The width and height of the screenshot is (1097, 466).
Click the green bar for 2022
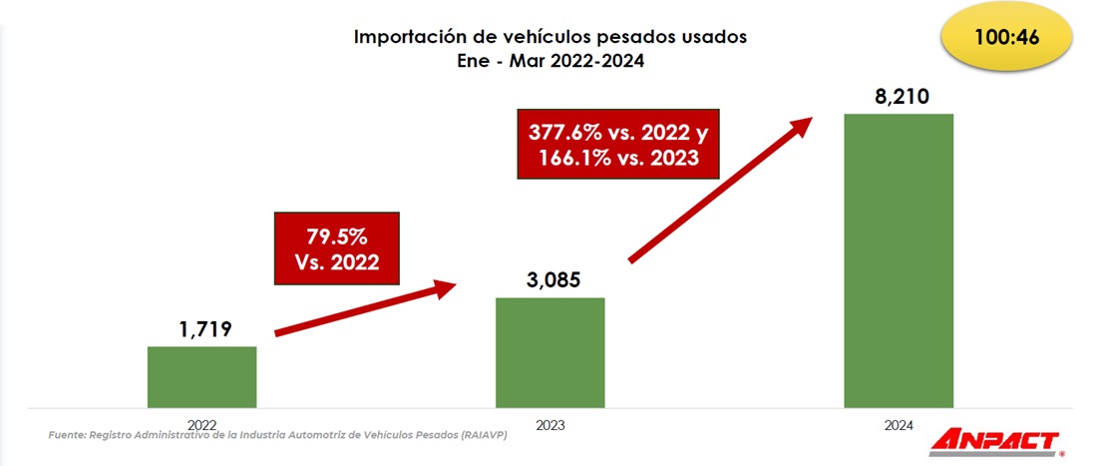coord(201,377)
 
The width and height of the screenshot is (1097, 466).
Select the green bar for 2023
coord(550,352)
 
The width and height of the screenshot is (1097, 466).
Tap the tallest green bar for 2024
coord(899,260)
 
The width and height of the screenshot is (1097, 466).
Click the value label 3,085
coord(550,280)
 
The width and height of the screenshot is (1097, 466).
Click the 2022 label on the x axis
coord(201,424)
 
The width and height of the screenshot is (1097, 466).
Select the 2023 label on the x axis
coord(549,424)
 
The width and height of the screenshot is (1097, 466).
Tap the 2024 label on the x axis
coord(898,424)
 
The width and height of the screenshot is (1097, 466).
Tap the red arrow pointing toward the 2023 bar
coord(364,310)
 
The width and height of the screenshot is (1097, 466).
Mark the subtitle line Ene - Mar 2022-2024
coord(550,60)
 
